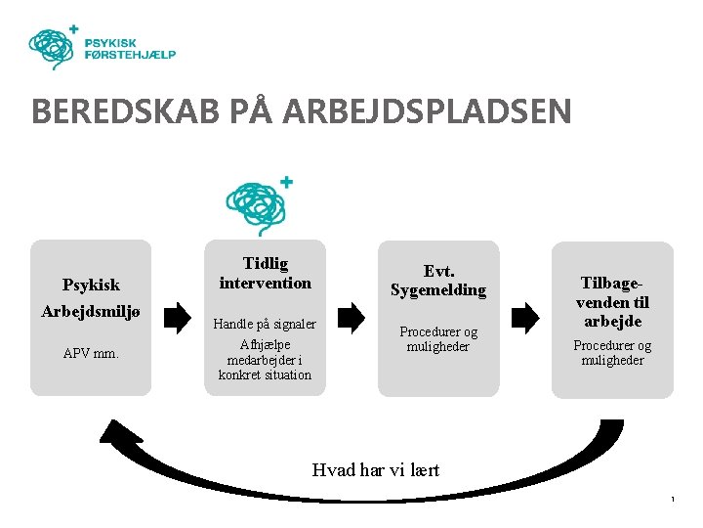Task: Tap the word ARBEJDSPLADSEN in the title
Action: click(x=428, y=110)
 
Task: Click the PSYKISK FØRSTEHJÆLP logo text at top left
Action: click(x=130, y=49)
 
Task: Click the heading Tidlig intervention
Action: click(x=265, y=274)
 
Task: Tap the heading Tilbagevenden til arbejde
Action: click(x=612, y=301)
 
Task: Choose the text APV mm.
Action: click(x=91, y=353)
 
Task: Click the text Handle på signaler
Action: click(x=265, y=324)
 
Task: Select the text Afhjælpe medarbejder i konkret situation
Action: click(x=265, y=359)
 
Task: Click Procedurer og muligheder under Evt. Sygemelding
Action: click(x=438, y=339)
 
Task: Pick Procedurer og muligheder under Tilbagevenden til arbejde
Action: click(x=612, y=353)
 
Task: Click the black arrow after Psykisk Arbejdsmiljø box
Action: click(x=179, y=317)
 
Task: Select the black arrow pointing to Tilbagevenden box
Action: click(x=524, y=317)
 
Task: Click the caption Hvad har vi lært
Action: click(x=376, y=469)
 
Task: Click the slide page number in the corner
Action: click(x=673, y=501)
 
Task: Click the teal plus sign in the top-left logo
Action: click(x=74, y=30)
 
